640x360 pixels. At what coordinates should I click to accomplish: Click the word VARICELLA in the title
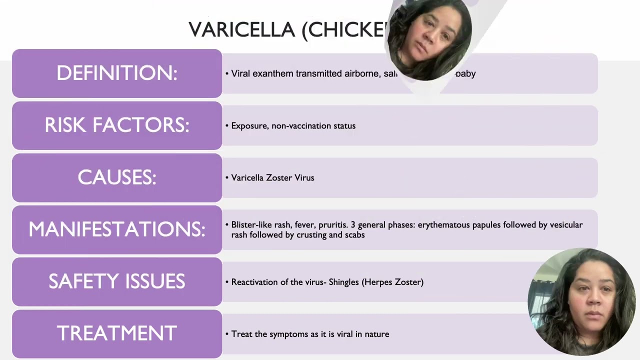[242, 30]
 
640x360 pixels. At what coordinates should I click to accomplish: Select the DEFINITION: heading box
[117, 73]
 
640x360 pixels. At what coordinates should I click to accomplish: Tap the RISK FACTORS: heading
[117, 125]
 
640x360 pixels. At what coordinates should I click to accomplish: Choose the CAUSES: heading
[117, 177]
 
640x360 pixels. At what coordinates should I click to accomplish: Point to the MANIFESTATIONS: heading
[117, 229]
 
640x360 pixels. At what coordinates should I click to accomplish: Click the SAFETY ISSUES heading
[117, 281]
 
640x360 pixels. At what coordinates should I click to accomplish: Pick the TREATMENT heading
[117, 333]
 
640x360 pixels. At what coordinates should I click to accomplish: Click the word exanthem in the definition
[272, 74]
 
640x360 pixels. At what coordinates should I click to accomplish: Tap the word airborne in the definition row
[361, 74]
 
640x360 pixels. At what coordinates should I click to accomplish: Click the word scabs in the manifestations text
[354, 235]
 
